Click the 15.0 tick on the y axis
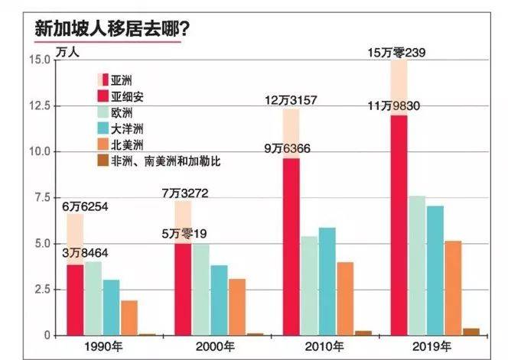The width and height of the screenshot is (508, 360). click(x=38, y=60)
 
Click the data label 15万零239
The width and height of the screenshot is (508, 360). click(x=398, y=53)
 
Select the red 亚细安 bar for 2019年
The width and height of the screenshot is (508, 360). click(x=398, y=225)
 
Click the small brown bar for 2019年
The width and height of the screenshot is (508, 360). click(x=471, y=332)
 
